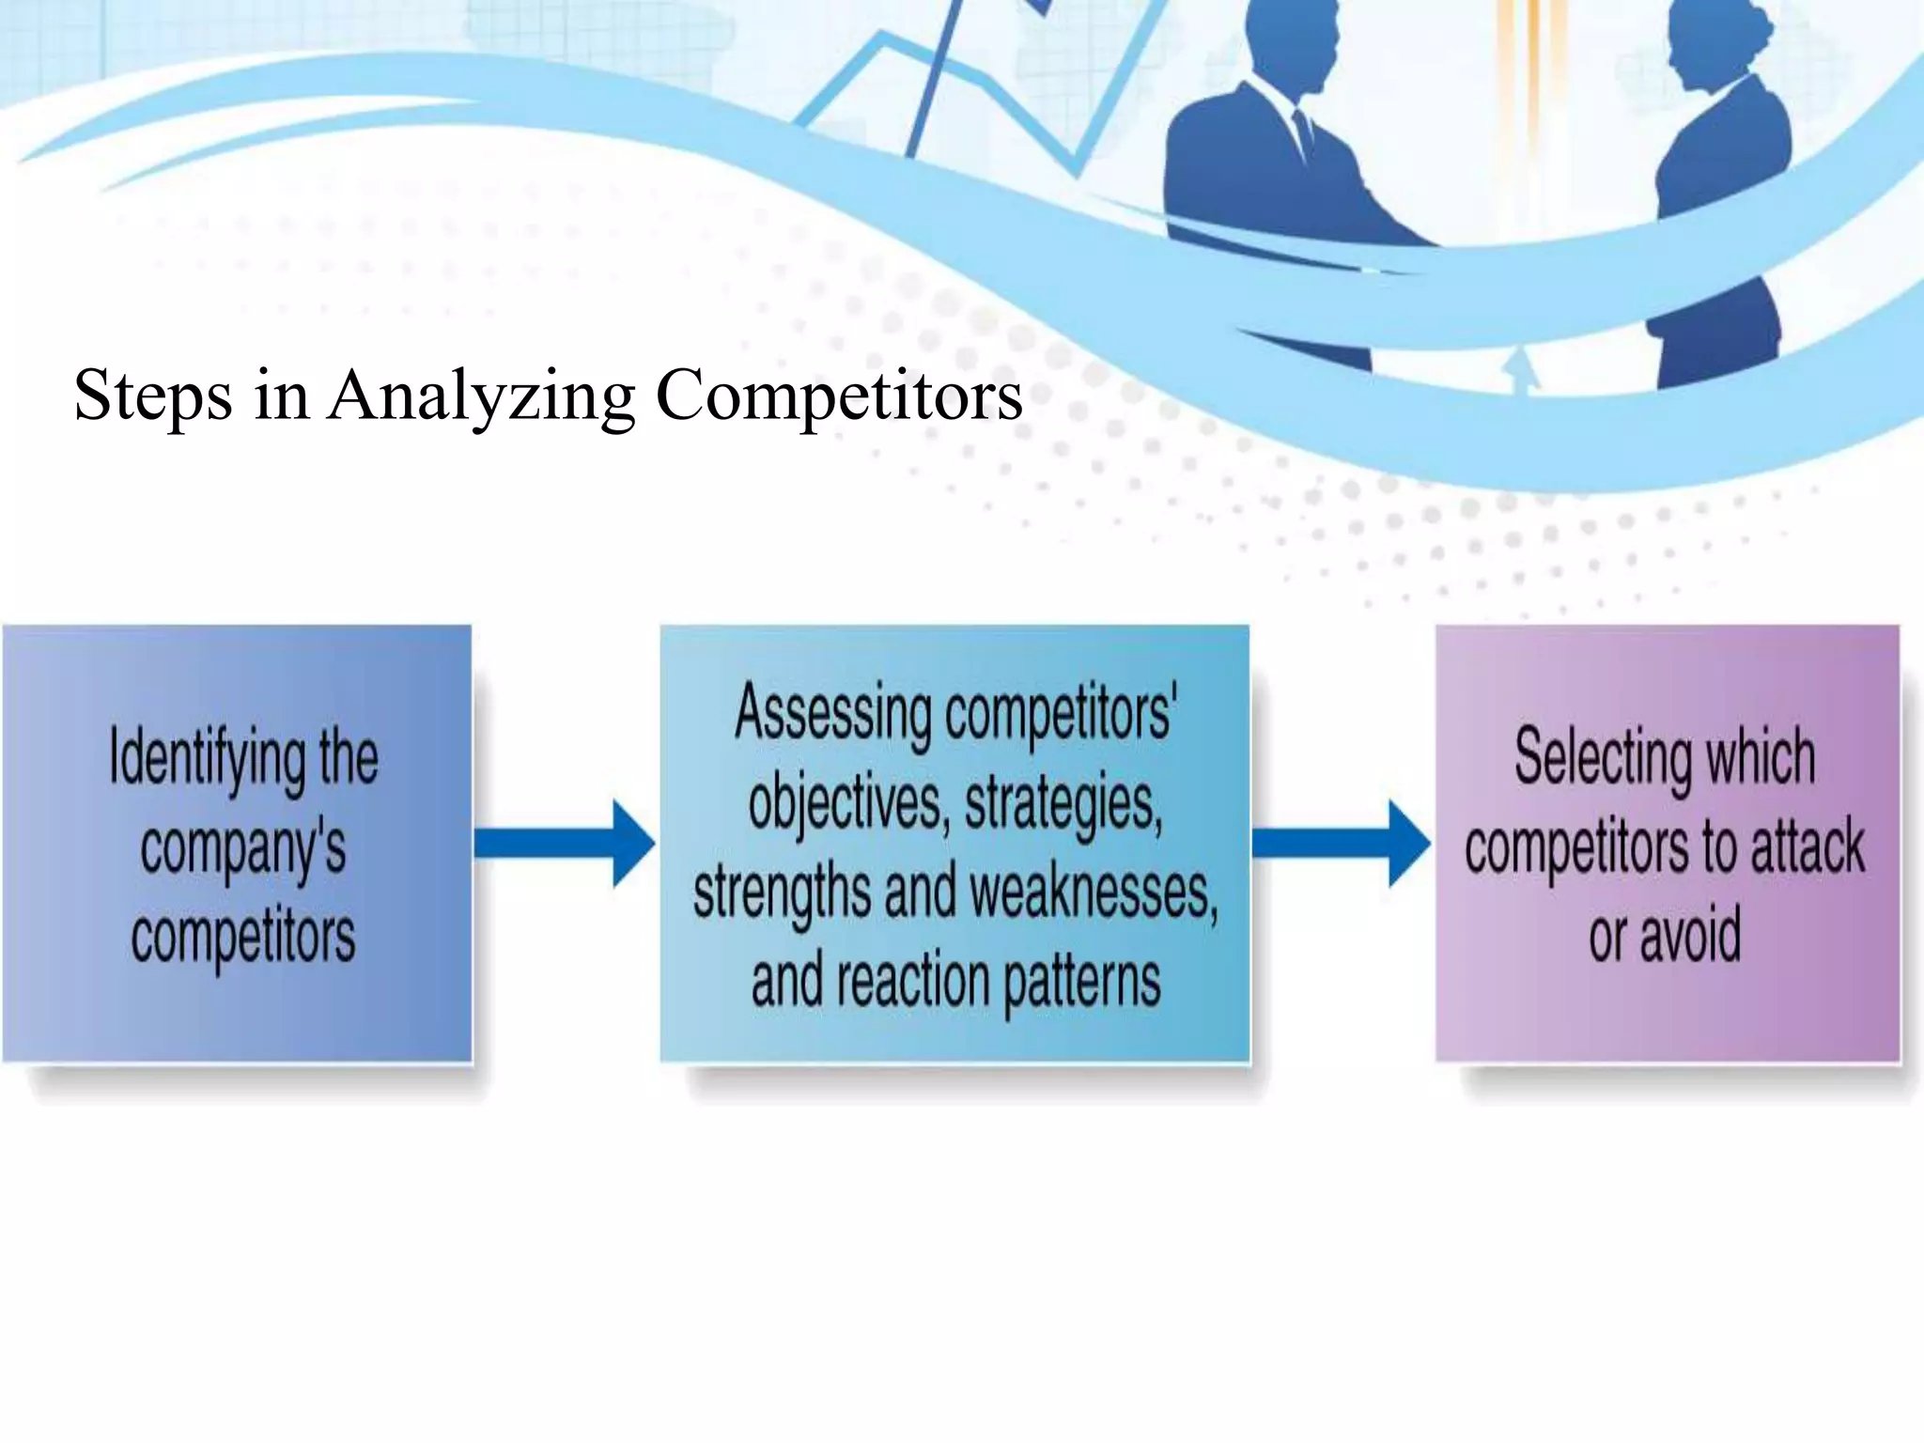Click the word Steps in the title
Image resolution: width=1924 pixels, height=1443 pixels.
(152, 396)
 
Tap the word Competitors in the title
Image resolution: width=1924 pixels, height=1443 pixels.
(839, 396)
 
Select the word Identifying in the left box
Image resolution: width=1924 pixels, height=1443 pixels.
(207, 759)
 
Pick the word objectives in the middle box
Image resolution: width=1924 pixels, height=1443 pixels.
(845, 804)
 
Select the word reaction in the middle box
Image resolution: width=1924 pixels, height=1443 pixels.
(912, 983)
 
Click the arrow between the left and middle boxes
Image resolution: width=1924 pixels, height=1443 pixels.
(565, 843)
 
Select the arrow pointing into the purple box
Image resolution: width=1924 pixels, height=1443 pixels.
(1342, 843)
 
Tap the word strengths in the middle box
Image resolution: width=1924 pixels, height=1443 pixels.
(782, 892)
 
